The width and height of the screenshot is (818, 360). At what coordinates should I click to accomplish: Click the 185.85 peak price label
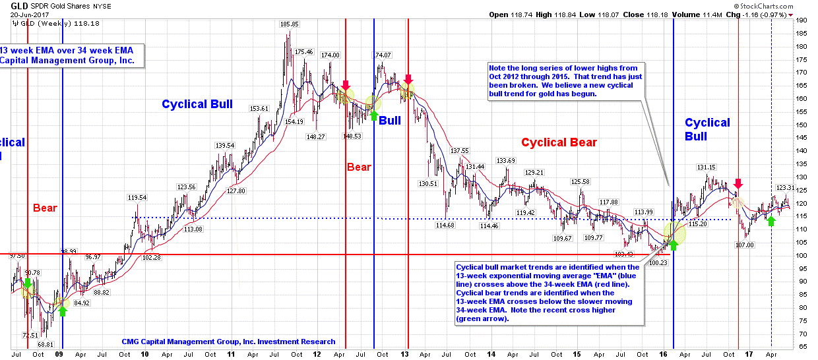(x=289, y=24)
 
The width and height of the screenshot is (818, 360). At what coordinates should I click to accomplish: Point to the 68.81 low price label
(x=45, y=344)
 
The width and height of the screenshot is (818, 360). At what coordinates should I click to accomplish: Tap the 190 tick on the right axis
(x=802, y=20)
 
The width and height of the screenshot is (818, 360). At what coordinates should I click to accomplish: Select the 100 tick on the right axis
(x=802, y=255)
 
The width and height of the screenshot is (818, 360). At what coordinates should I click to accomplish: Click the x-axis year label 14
(x=491, y=353)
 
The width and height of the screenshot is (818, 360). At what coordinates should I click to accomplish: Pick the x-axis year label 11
(x=231, y=353)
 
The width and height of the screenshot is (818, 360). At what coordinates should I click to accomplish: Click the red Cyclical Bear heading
(x=559, y=142)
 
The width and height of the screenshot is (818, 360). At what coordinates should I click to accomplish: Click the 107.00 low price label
(x=744, y=245)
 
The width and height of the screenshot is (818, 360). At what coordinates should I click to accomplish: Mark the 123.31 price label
(x=785, y=187)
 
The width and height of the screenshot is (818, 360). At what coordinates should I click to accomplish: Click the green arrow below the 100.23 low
(x=674, y=244)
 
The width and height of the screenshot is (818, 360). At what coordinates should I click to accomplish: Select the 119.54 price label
(x=137, y=197)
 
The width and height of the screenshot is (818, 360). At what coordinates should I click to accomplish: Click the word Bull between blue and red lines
(x=390, y=121)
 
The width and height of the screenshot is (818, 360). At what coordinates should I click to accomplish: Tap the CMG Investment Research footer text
(x=228, y=342)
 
